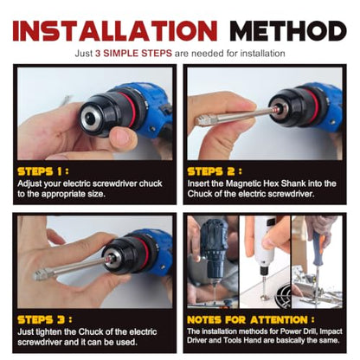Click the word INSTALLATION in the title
[115, 30]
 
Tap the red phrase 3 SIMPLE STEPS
[133, 54]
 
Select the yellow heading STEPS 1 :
[43, 171]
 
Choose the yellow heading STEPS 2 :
[215, 171]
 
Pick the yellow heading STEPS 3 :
[45, 319]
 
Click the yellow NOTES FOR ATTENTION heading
[251, 320]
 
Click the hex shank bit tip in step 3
[42, 275]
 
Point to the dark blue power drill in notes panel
[213, 248]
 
